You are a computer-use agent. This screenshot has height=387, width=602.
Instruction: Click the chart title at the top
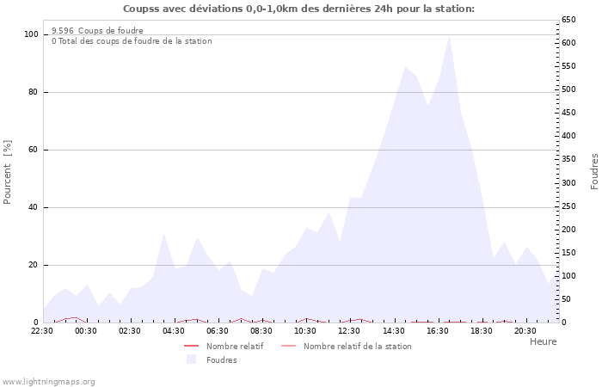click(x=298, y=9)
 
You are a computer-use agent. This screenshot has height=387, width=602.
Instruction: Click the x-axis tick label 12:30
click(x=349, y=330)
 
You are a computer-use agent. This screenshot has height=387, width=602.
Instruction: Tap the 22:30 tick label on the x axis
click(x=42, y=330)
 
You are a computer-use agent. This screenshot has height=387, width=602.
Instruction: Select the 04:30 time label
click(x=174, y=330)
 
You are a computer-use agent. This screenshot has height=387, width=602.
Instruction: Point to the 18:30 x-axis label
click(x=481, y=330)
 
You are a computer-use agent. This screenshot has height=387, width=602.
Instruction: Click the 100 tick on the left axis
click(x=32, y=34)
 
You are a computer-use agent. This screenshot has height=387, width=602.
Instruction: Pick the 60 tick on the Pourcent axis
click(x=34, y=150)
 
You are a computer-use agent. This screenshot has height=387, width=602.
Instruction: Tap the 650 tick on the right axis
click(x=568, y=19)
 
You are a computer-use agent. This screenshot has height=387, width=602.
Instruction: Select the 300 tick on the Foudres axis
click(x=568, y=182)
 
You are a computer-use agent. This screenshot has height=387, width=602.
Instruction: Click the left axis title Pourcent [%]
click(x=8, y=172)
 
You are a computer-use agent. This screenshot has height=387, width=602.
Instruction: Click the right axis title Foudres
click(x=594, y=171)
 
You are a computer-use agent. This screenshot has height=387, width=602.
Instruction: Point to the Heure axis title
click(x=543, y=341)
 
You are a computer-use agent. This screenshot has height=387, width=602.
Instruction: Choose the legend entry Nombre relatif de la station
click(x=357, y=346)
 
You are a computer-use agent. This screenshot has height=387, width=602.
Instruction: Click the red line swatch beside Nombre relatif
click(x=191, y=346)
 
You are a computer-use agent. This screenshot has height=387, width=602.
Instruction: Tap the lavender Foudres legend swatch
click(x=191, y=359)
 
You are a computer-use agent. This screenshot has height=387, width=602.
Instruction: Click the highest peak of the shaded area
click(x=449, y=37)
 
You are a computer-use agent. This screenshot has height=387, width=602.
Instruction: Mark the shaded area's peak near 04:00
click(x=163, y=235)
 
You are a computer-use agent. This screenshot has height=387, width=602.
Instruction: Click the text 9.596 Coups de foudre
click(x=97, y=30)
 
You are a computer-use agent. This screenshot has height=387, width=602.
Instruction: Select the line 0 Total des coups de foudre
click(x=132, y=41)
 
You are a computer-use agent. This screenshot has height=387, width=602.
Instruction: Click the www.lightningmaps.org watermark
click(x=49, y=381)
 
